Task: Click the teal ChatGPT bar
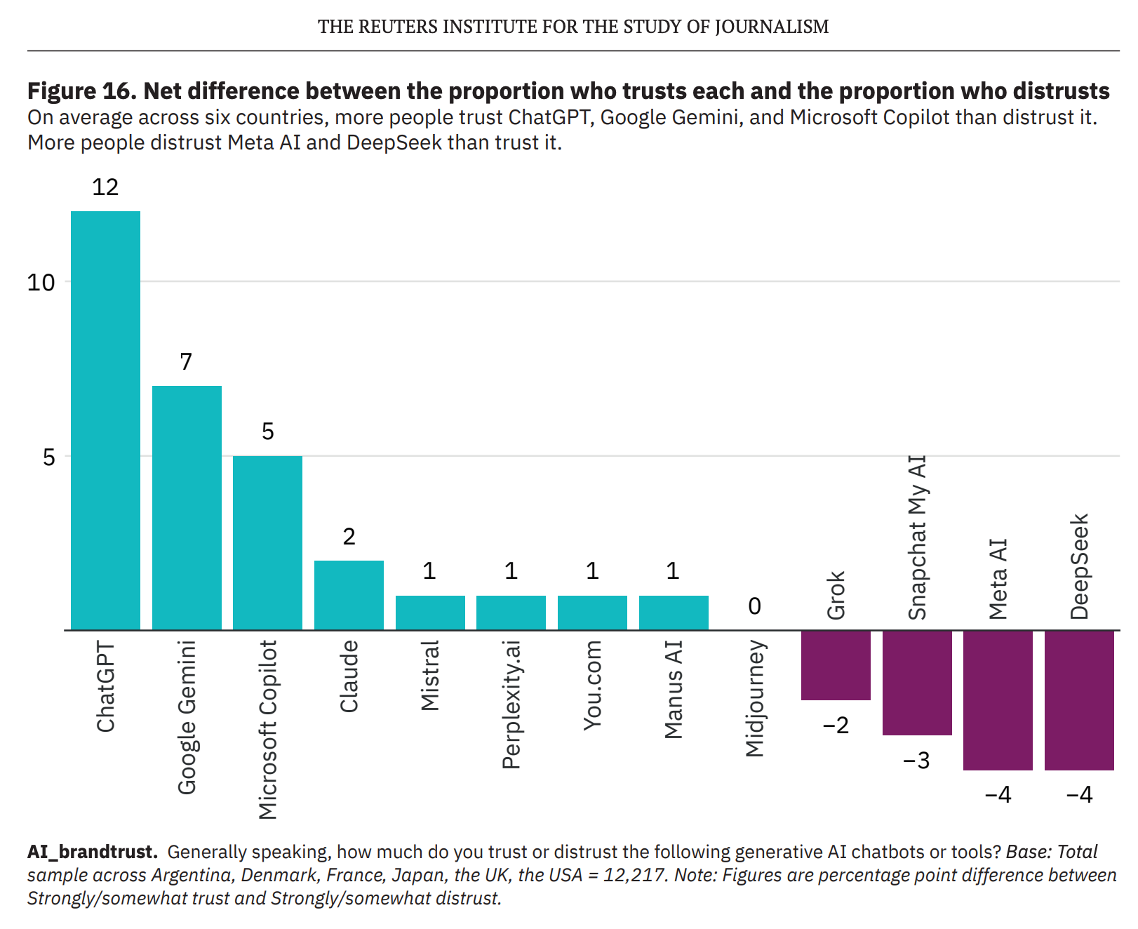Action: [x=105, y=420]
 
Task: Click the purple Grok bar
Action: [x=836, y=664]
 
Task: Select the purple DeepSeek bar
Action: [x=1079, y=700]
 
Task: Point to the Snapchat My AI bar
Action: [x=917, y=682]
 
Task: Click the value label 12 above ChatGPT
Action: [x=105, y=187]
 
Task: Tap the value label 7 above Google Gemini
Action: [x=186, y=362]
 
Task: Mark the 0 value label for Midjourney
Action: [x=754, y=606]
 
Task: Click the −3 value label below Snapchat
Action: [x=916, y=761]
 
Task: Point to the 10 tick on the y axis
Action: [x=41, y=283]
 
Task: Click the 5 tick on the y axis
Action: [x=48, y=457]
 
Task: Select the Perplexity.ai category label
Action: [x=511, y=704]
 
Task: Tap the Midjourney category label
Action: [x=755, y=698]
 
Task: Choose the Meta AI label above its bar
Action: [x=998, y=580]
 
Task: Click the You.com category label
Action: [x=593, y=685]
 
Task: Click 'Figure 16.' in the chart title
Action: [x=81, y=91]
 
